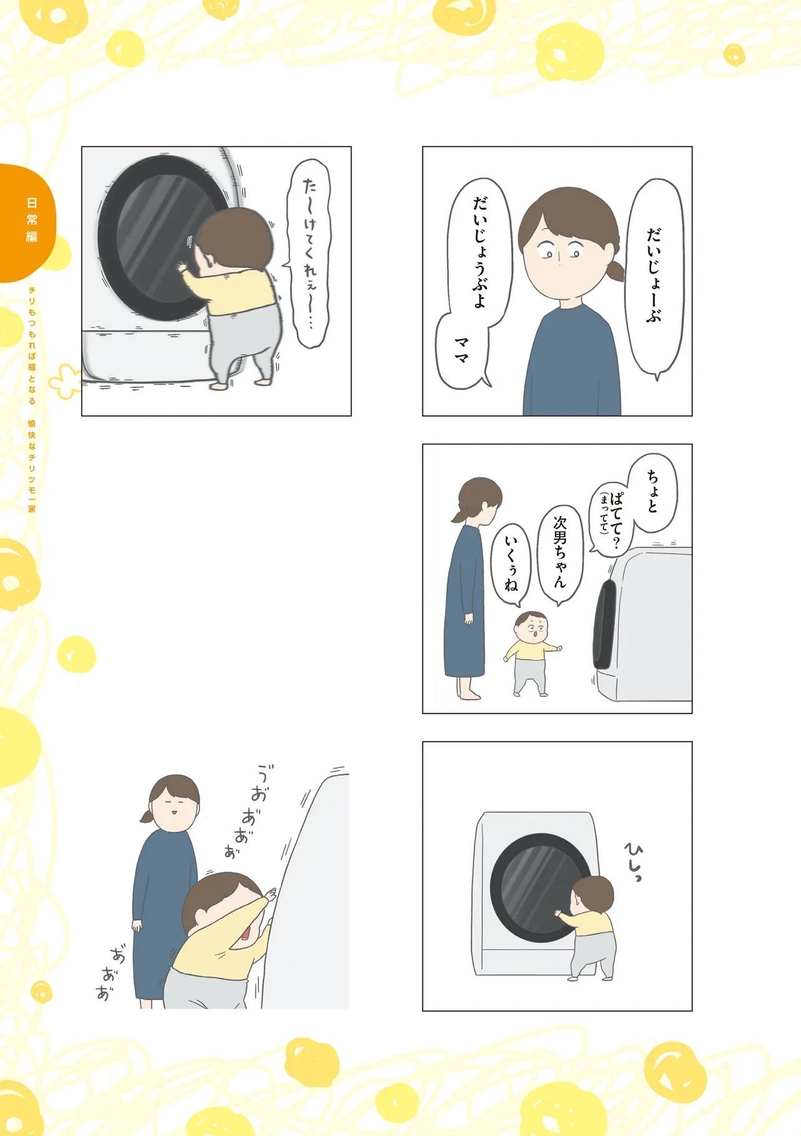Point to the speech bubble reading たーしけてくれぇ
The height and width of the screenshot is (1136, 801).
pos(309,253)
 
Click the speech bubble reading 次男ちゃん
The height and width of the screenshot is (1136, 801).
pos(560,554)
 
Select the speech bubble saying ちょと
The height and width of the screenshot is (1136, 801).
pos(653,493)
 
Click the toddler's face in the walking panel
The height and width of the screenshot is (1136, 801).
pos(532,626)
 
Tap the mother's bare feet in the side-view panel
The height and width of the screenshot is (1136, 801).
pos(468,694)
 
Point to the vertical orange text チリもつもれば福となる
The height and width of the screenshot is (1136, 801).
pos(32,345)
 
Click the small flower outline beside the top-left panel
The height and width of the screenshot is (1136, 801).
pos(66,381)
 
